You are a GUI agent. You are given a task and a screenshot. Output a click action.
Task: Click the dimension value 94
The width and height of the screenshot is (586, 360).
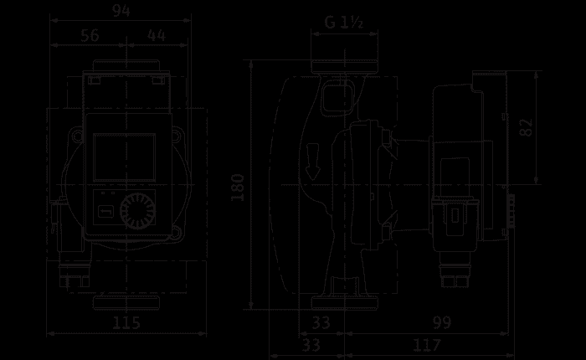(x=121, y=11)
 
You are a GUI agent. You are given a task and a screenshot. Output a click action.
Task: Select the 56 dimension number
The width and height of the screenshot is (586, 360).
(x=90, y=35)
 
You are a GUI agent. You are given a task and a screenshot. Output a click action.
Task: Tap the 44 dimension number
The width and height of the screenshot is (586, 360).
(x=157, y=35)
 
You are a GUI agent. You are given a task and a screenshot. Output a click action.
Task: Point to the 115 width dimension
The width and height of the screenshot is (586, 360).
(x=126, y=322)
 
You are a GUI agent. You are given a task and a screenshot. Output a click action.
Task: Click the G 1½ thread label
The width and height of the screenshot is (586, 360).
(x=344, y=22)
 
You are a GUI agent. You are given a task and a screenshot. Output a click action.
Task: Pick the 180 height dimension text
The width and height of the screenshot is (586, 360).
(x=238, y=188)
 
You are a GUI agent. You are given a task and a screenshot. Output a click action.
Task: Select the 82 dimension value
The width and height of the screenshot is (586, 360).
(x=527, y=127)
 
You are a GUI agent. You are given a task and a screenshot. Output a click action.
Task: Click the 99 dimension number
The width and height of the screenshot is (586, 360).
(x=442, y=322)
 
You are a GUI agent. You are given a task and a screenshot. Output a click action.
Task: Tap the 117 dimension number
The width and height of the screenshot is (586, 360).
(x=427, y=345)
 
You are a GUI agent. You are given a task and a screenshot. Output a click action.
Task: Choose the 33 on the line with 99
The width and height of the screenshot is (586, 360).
(x=321, y=322)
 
